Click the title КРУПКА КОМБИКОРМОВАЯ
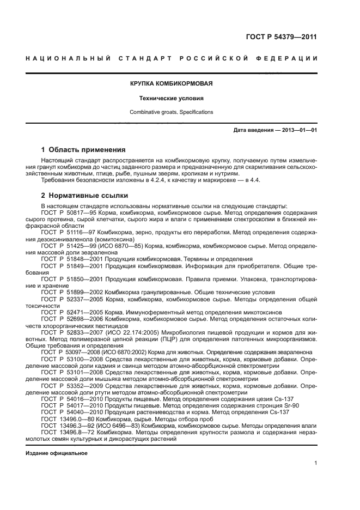[x=171, y=84]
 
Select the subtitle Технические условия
[x=171, y=99]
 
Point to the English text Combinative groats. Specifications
[x=171, y=112]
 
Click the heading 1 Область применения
[x=84, y=149]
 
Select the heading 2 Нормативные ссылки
[x=85, y=195]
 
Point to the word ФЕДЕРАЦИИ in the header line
[x=288, y=58]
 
